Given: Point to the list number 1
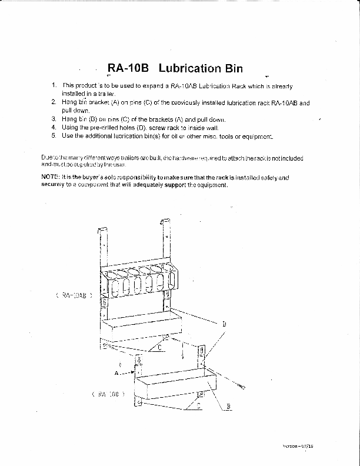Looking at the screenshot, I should click(54, 86).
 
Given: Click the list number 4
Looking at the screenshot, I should click(54, 127).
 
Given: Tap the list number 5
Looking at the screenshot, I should click(54, 135).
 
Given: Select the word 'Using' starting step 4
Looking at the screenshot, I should click(69, 127).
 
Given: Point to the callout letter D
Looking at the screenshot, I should click(224, 324).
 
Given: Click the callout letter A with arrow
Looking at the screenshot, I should click(117, 373).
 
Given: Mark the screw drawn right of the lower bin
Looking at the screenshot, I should click(239, 384).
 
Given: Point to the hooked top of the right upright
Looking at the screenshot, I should click(164, 219).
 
